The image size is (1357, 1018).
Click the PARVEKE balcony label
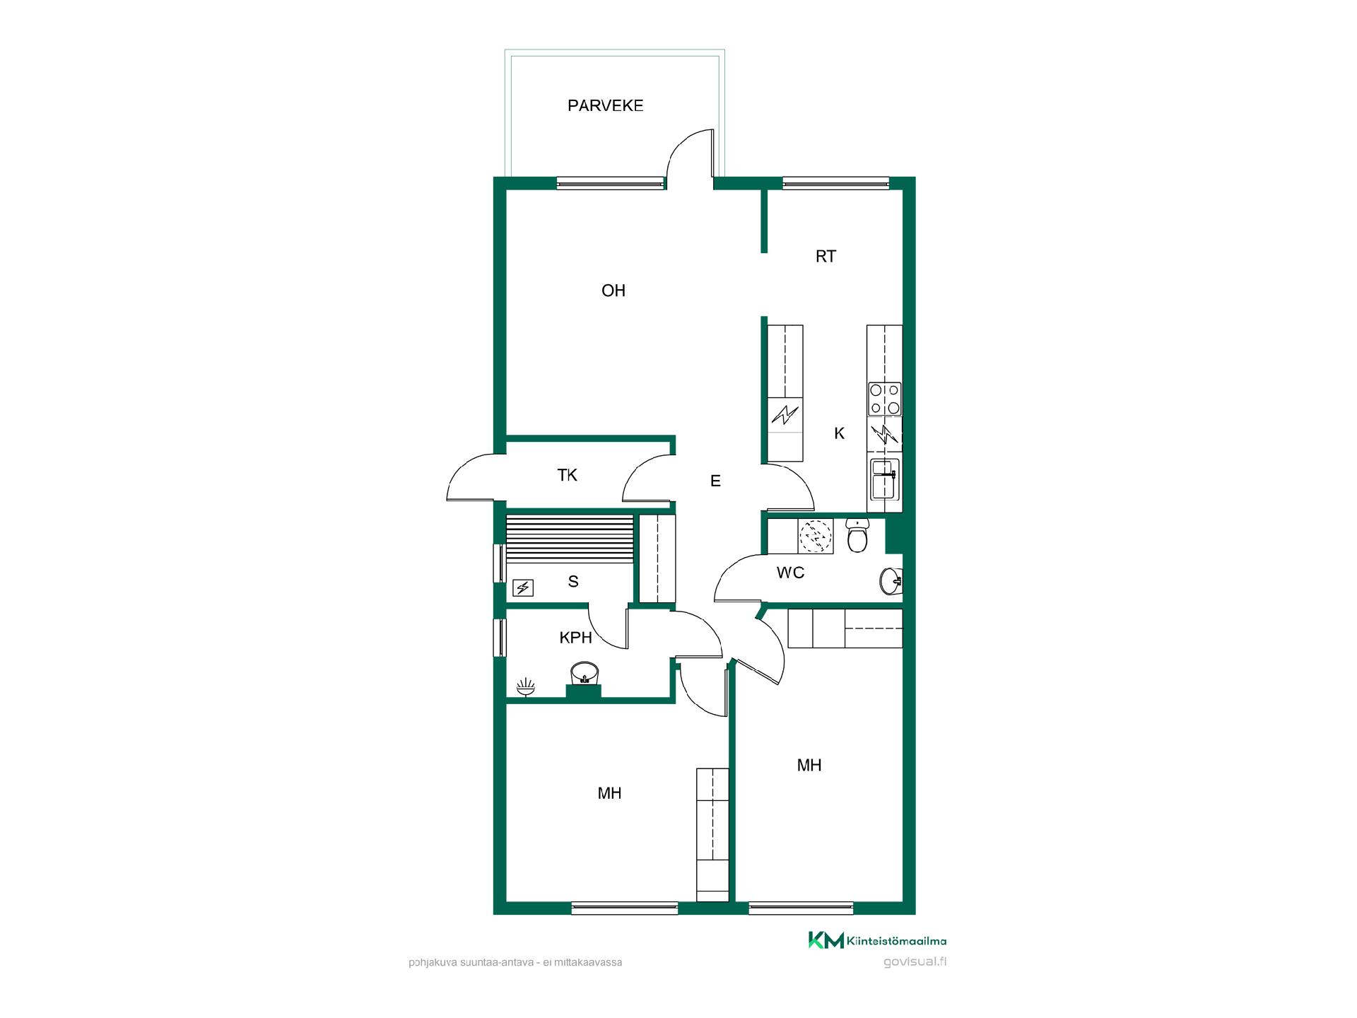605,106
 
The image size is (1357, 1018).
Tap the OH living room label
613,291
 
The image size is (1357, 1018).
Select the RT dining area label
826,257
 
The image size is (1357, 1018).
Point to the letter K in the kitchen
840,433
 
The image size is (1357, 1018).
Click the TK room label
568,475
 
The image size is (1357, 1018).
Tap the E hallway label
715,481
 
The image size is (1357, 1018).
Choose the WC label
790,573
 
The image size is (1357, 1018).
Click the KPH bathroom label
575,638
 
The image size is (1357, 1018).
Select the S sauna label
573,582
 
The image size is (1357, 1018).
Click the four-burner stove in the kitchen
885,399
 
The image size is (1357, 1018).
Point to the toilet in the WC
857,535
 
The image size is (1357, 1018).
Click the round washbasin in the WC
891,581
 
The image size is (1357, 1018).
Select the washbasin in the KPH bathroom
584,674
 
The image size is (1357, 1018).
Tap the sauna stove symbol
523,587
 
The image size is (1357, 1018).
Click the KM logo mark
826,940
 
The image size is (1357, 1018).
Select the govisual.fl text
915,962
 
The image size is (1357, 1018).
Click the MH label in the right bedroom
809,766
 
